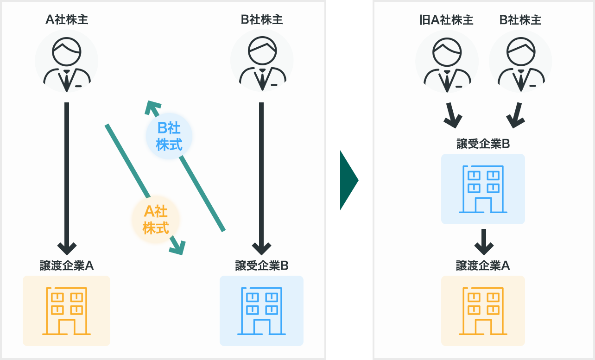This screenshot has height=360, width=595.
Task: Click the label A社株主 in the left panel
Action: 67,19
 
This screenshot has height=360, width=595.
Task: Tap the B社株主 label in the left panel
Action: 262,19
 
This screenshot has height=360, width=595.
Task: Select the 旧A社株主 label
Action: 446,20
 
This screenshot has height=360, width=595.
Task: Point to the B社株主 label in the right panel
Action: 520,20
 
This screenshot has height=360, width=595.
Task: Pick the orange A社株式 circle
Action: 156,220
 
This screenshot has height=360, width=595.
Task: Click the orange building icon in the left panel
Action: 67,310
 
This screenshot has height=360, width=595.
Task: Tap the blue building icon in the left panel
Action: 262,310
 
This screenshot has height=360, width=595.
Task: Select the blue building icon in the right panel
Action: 483,189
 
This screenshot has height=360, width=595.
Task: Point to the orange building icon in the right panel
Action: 483,310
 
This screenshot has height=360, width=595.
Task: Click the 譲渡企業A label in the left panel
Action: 67,265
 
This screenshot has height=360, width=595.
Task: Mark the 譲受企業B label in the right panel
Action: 483,144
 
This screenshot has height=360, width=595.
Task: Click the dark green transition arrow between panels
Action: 349,180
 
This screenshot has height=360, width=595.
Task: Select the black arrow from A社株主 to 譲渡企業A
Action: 67,176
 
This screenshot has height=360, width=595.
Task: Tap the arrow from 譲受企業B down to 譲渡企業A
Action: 483,242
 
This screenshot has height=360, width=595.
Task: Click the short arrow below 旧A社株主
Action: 452,116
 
